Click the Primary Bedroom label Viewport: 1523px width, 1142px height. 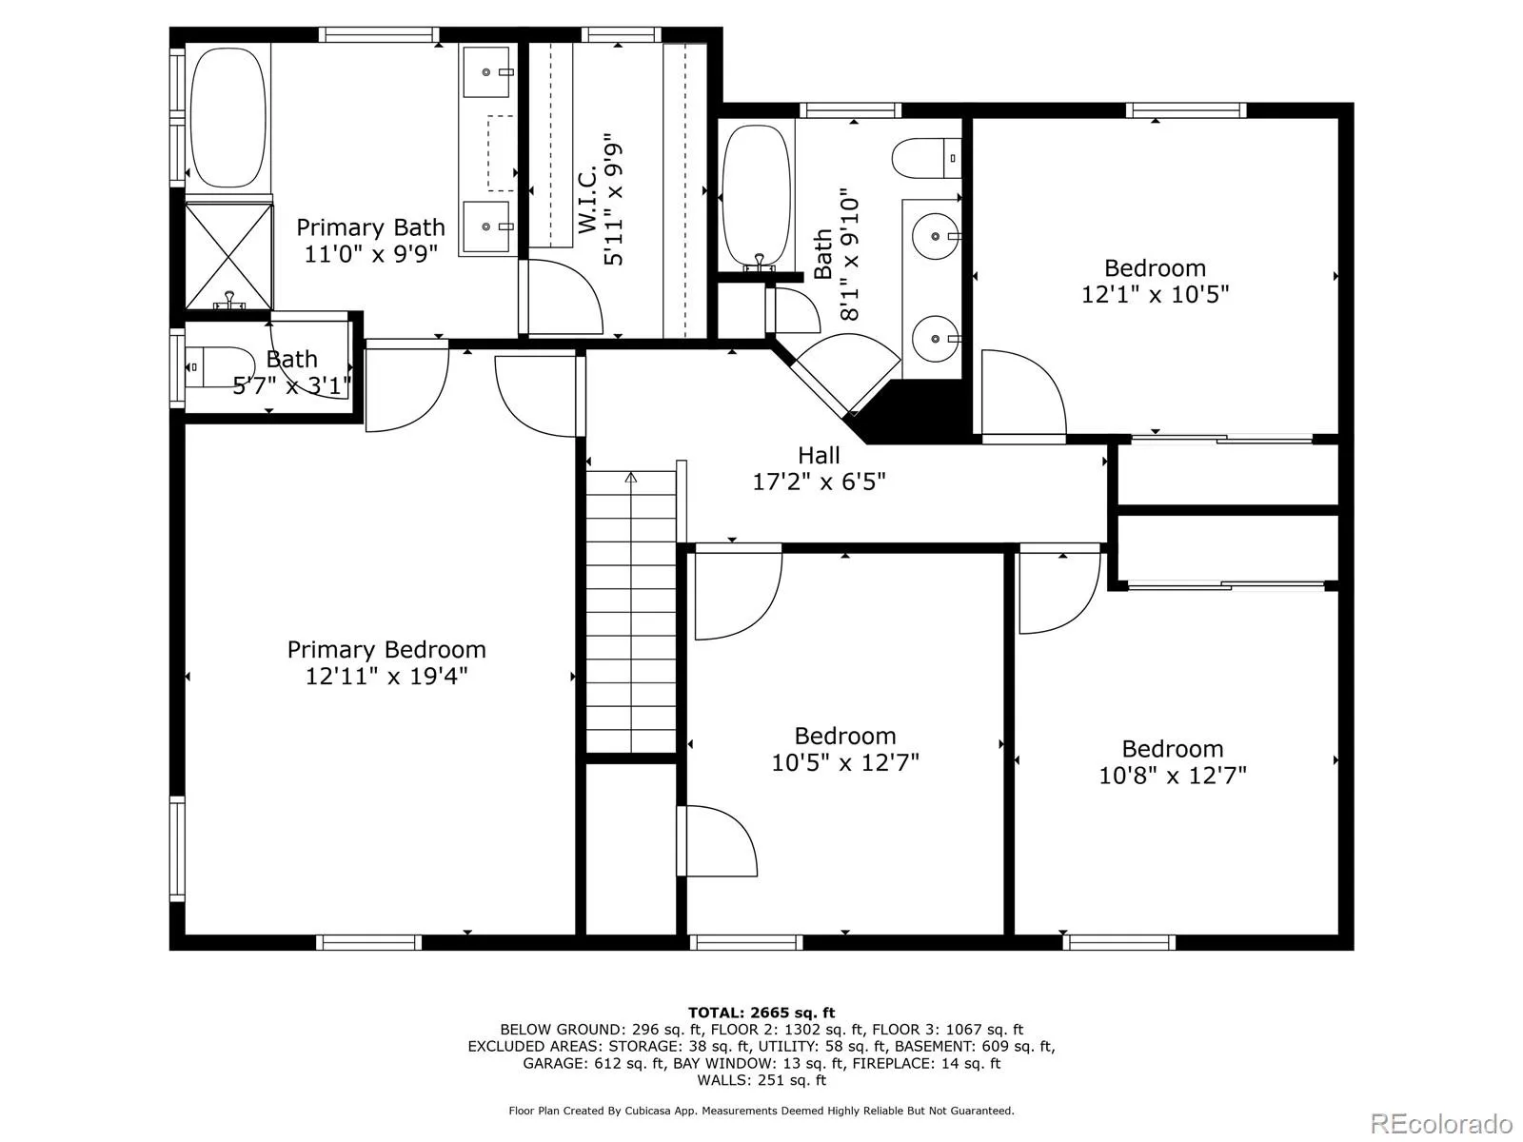(386, 650)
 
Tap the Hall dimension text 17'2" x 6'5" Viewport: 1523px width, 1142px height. (819, 482)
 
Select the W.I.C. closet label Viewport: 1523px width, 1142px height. (587, 199)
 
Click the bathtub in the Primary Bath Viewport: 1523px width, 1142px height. (227, 117)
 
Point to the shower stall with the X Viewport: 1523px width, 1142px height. (229, 257)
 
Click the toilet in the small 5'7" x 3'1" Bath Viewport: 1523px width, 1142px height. (221, 366)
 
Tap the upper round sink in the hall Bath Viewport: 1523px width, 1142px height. (936, 236)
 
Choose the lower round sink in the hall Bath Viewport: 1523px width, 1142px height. (936, 339)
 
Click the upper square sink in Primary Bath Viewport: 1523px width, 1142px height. (487, 72)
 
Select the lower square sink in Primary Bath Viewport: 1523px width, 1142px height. (487, 226)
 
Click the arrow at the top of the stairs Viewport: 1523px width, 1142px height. (631, 478)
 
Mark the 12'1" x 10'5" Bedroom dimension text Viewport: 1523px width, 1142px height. (1156, 295)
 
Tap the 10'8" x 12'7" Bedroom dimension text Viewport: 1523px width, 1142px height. (1173, 776)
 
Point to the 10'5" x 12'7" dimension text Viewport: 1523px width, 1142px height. (845, 762)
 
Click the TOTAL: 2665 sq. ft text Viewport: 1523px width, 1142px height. (761, 1013)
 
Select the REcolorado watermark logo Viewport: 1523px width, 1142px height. (1442, 1123)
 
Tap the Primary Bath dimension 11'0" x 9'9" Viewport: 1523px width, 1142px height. (371, 254)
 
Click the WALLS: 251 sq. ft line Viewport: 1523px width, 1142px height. (761, 1079)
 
